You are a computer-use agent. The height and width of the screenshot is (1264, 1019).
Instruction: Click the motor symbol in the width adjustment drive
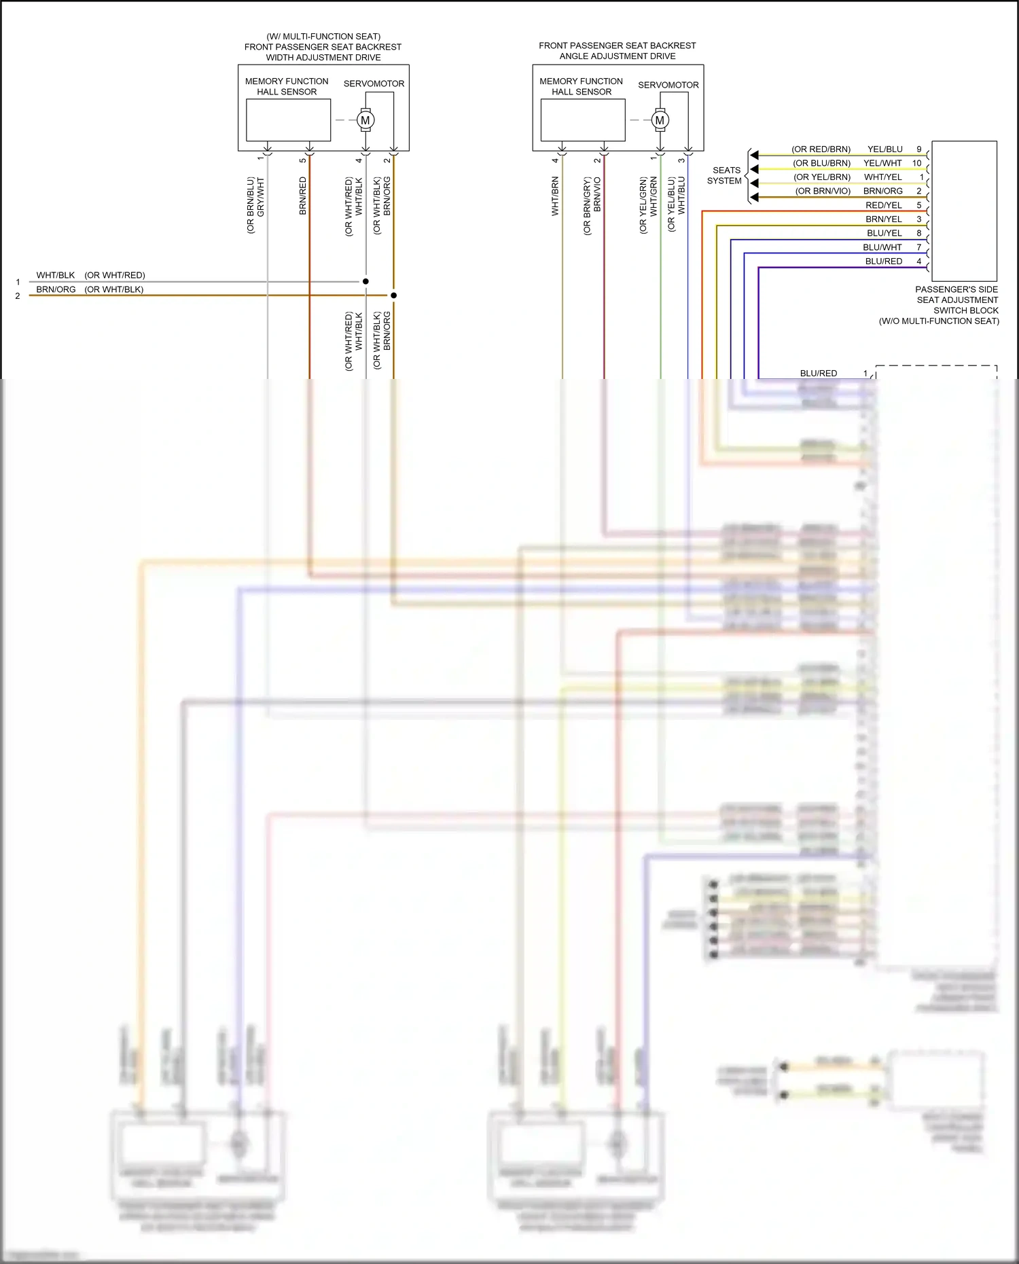[x=365, y=120]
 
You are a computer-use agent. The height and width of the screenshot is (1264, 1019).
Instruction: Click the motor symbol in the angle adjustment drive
[x=660, y=121]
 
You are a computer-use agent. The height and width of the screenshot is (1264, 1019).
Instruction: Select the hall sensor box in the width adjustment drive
[x=288, y=120]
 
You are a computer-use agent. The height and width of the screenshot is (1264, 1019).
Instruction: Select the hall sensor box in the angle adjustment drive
[x=583, y=120]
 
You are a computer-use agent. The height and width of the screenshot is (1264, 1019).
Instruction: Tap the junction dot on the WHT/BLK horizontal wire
[x=365, y=281]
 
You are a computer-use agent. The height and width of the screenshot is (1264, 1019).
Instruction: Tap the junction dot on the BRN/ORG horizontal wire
[x=393, y=295]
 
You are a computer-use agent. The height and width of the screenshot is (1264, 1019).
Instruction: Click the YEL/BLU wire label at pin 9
[x=884, y=149]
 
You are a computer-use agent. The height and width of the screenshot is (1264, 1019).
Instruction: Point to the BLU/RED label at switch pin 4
[x=883, y=261]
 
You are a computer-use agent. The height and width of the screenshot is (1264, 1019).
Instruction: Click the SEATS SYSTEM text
[x=725, y=176]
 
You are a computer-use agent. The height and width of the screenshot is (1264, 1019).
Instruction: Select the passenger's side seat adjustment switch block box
[x=964, y=211]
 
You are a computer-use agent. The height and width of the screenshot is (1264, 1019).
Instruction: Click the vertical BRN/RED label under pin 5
[x=303, y=196]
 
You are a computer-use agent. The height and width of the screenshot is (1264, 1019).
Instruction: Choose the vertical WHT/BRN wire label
[x=555, y=196]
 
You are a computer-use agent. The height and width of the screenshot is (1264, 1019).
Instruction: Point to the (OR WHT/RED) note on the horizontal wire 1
[x=115, y=275]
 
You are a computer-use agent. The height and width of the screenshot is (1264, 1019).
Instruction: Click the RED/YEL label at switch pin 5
[x=883, y=205]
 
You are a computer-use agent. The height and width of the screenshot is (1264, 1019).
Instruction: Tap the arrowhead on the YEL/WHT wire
[x=754, y=169]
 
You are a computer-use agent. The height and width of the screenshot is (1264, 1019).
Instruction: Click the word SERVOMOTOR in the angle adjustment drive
[x=668, y=85]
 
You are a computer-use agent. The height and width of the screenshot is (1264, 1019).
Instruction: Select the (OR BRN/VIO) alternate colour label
[x=823, y=192]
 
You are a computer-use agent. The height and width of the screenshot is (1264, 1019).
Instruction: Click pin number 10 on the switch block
[x=916, y=163]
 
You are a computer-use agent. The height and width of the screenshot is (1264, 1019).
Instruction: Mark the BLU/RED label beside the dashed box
[x=818, y=374]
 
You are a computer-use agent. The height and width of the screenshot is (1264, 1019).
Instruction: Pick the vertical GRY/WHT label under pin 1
[x=261, y=198]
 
